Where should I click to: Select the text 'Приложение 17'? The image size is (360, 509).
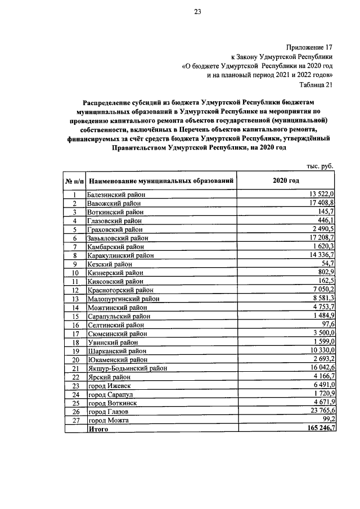click(310, 48)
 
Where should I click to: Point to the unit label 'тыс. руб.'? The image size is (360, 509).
click(320, 166)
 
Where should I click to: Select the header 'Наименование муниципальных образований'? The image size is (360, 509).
click(161, 181)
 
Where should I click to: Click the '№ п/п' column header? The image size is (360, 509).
click(74, 181)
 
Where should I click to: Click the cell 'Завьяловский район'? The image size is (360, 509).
click(117, 238)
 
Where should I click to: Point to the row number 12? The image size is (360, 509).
click(74, 290)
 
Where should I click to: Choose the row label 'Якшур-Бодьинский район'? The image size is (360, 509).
click(127, 368)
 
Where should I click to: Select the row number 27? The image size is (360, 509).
click(74, 420)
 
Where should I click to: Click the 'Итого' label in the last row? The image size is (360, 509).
click(98, 429)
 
